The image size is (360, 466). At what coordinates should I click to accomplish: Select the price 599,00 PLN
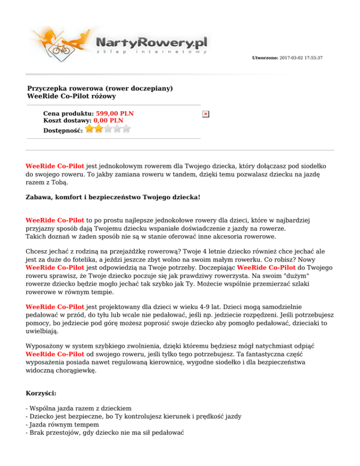114,113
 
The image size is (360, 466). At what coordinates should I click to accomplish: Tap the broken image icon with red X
205,114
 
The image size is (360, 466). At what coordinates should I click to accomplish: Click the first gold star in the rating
90,129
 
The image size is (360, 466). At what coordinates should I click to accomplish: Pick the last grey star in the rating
127,129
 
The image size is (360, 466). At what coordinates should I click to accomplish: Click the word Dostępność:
63,130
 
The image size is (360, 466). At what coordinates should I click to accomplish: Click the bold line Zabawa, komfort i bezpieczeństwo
112,198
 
